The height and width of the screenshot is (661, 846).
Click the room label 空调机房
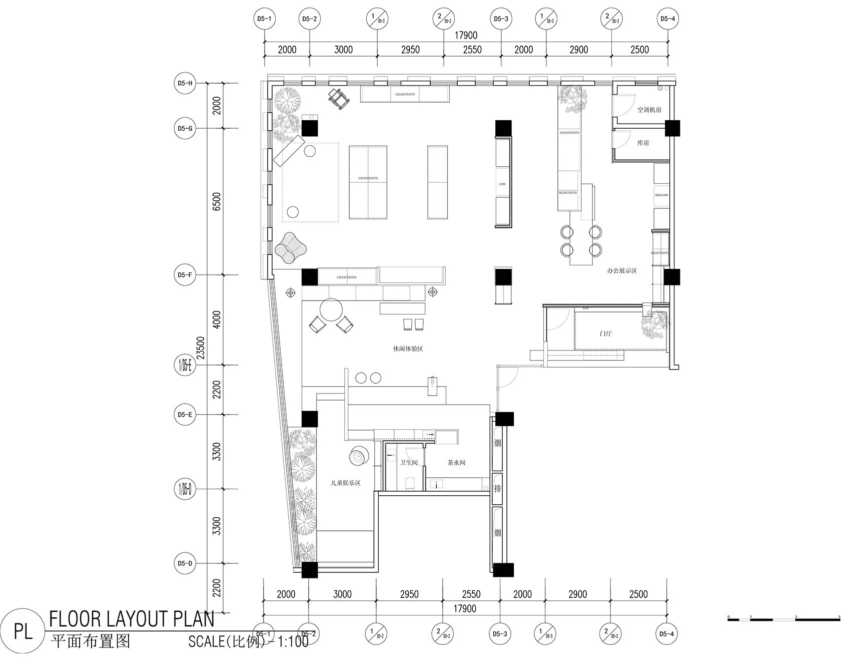pos(649,110)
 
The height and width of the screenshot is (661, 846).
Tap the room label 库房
pos(643,143)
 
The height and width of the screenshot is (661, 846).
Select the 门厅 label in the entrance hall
pos(605,334)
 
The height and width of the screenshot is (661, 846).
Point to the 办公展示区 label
pos(621,271)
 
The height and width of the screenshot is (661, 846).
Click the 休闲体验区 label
pos(408,349)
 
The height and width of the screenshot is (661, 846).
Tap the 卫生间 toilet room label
pos(409,462)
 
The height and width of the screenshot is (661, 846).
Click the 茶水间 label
pos(456,462)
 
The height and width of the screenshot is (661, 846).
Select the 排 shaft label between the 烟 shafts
pos(497,488)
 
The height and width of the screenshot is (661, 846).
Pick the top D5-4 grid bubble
pos(667,19)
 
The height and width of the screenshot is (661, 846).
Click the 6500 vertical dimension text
pos(217,201)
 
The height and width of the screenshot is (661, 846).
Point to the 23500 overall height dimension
pos(201,348)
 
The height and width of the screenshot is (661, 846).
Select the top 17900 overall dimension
pos(465,36)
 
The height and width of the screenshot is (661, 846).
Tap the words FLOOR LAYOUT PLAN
pos(132,620)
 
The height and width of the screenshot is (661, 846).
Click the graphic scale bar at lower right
pos(783,620)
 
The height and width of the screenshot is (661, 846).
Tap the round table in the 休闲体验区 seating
pos(331,309)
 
